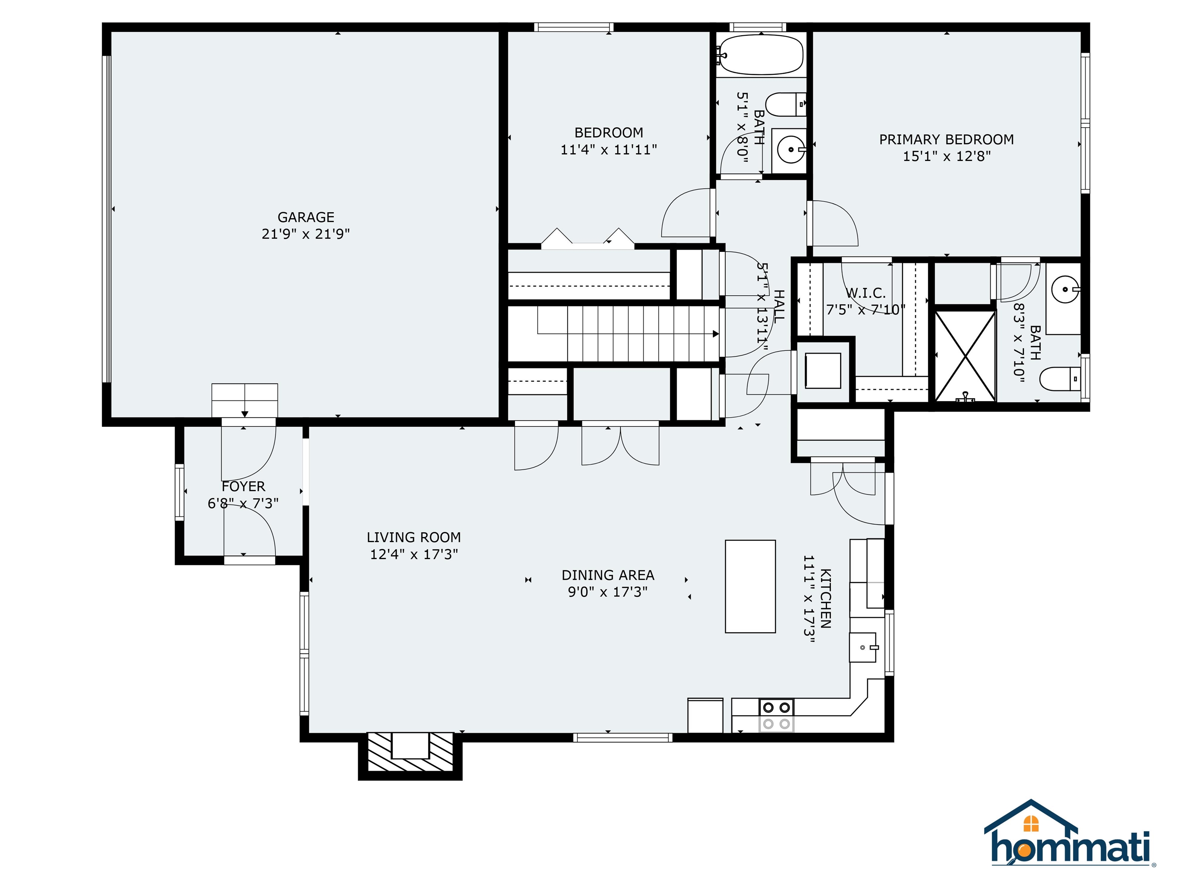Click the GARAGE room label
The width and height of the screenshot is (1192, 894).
pyautogui.click(x=305, y=217)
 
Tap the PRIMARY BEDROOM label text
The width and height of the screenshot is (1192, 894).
pyautogui.click(x=946, y=140)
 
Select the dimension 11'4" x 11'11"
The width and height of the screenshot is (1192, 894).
pyautogui.click(x=608, y=149)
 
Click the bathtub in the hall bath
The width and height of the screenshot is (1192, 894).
pyautogui.click(x=761, y=55)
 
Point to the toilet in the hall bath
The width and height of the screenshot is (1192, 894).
pyautogui.click(x=786, y=104)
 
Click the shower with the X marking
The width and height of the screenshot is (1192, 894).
pyautogui.click(x=965, y=356)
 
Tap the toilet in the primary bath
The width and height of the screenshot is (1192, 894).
pyautogui.click(x=1060, y=379)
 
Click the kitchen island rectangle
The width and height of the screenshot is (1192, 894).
pyautogui.click(x=750, y=586)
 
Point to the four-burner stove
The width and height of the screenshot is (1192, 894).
pyautogui.click(x=776, y=715)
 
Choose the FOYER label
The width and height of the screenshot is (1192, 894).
pyautogui.click(x=244, y=487)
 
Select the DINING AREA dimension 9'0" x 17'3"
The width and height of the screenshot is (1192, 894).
pyautogui.click(x=608, y=592)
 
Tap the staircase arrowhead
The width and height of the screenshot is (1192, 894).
pyautogui.click(x=716, y=334)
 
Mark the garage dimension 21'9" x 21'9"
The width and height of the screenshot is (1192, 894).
pyautogui.click(x=305, y=234)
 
